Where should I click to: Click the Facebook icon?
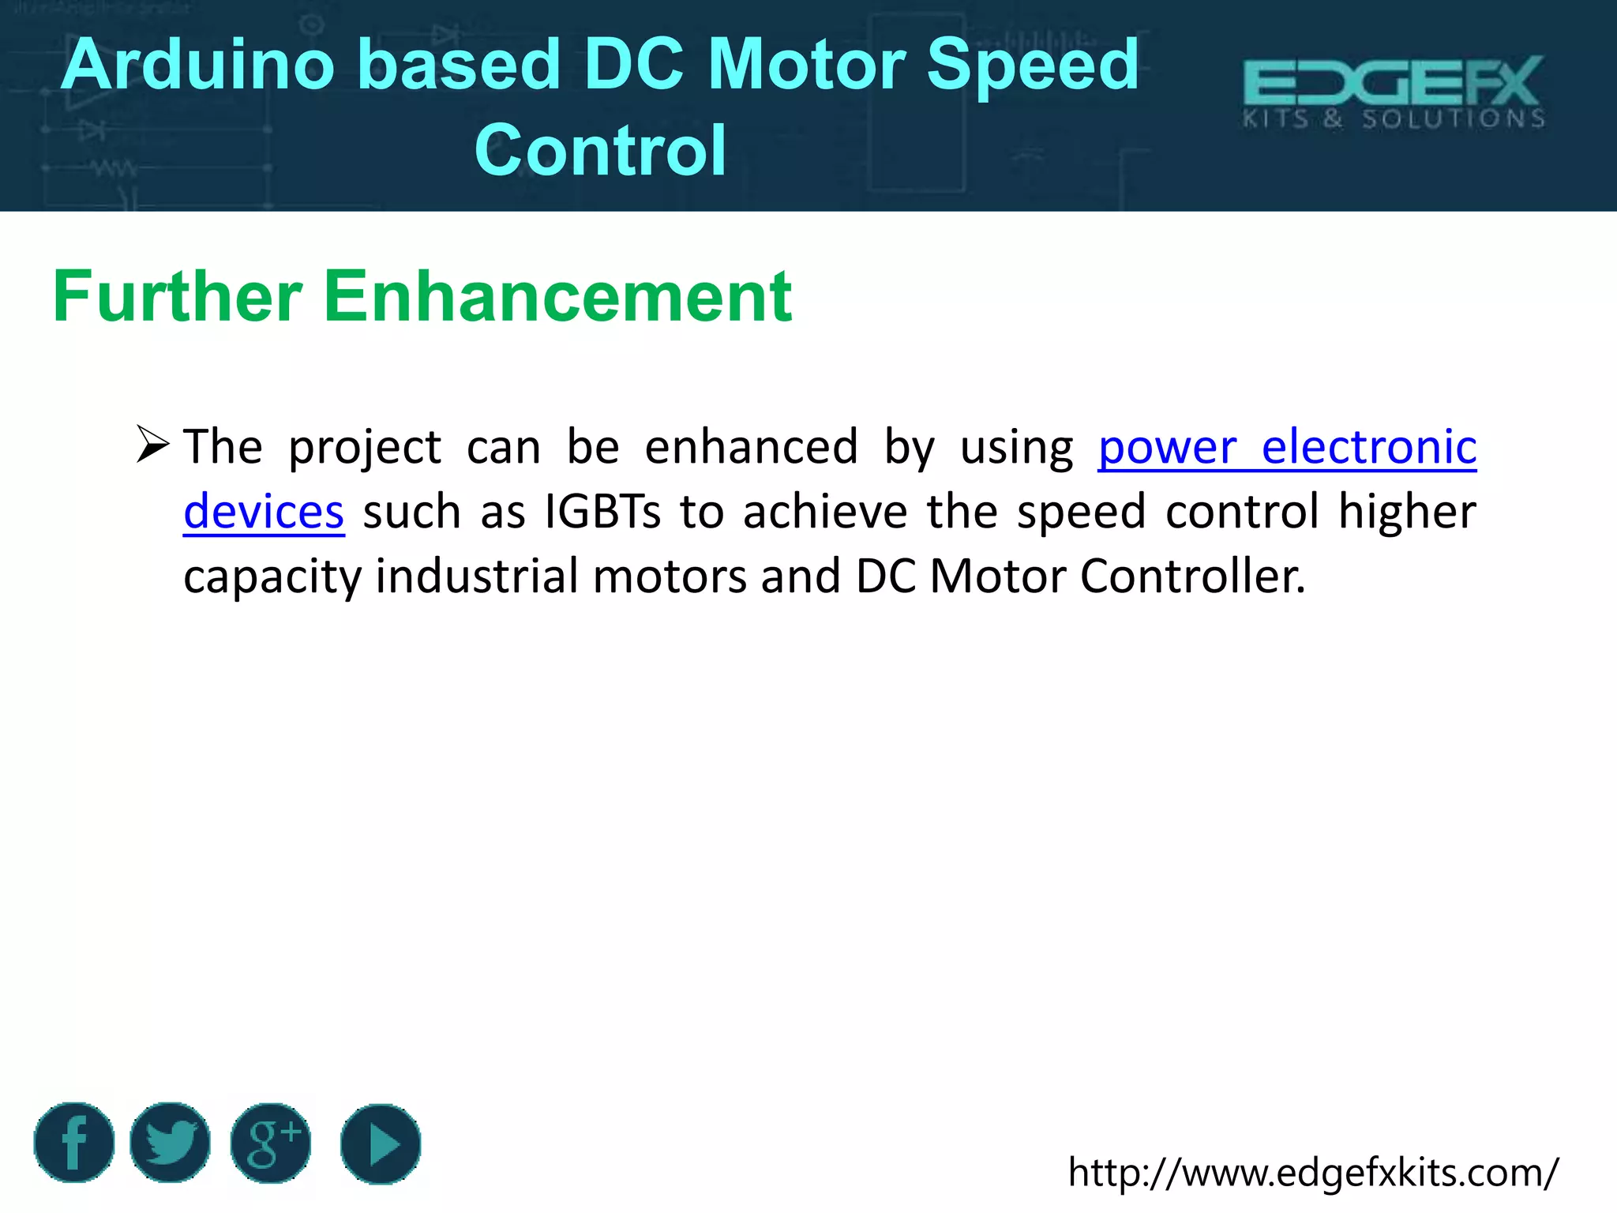(74, 1143)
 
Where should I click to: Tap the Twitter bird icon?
(170, 1143)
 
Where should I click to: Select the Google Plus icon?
(271, 1144)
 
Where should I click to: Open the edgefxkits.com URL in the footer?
(1313, 1172)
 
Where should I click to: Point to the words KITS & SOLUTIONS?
(1394, 119)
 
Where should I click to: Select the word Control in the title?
(600, 150)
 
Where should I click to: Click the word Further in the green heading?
(178, 297)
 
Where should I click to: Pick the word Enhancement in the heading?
(557, 297)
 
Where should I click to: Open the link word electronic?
(1368, 447)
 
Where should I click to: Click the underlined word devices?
(264, 512)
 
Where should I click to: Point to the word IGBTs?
(602, 512)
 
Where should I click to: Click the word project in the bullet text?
(365, 449)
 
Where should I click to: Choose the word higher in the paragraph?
(1407, 512)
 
